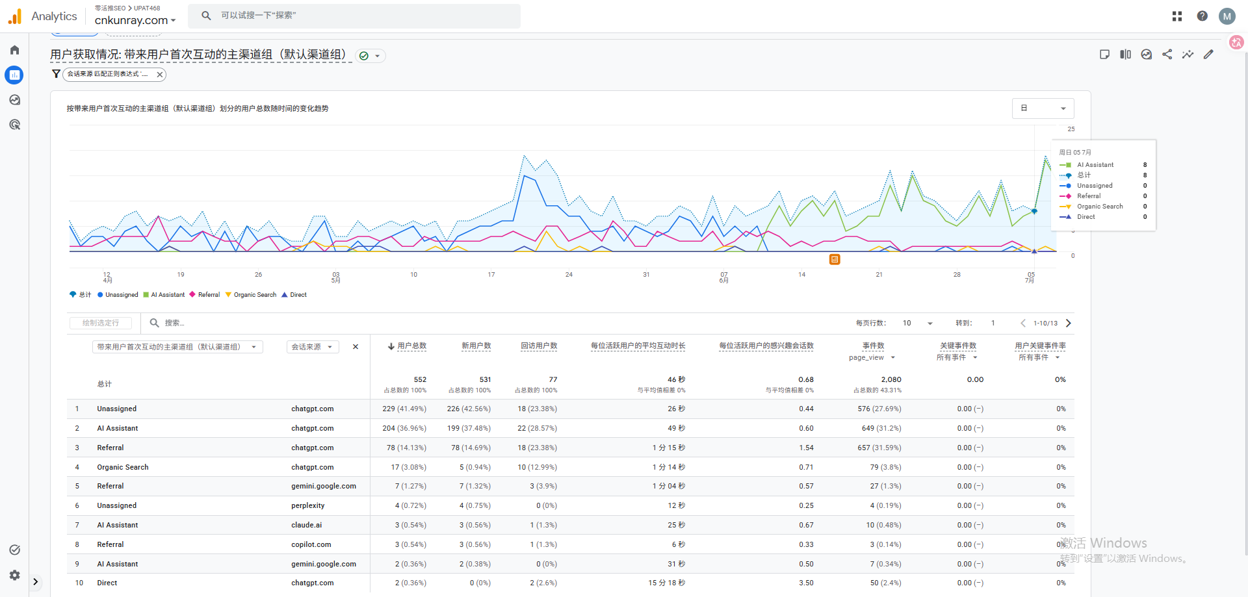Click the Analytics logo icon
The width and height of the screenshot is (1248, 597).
[x=15, y=16]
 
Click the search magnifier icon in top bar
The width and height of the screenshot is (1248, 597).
[x=206, y=16]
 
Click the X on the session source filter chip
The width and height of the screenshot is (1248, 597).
[x=159, y=75]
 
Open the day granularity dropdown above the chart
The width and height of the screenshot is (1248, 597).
[x=1043, y=108]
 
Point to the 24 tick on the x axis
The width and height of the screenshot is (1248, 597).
[x=569, y=275]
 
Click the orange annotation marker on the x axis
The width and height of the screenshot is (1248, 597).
[x=835, y=260]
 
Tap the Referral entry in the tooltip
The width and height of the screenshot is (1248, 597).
[x=1089, y=196]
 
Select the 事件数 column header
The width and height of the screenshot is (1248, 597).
[x=873, y=346]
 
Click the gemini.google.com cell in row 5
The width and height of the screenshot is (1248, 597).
[x=324, y=486]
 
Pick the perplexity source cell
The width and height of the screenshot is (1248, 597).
[x=308, y=505]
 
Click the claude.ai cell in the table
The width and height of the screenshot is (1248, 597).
[x=307, y=525]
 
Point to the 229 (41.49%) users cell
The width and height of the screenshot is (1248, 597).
[x=404, y=409]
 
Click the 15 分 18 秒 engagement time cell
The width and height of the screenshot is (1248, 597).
[x=666, y=583]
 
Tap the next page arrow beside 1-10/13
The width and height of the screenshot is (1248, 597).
[x=1069, y=323]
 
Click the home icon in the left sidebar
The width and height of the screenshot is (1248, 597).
[x=14, y=50]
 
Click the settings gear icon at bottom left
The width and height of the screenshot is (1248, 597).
[x=14, y=575]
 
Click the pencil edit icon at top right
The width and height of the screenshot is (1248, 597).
[x=1208, y=55]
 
